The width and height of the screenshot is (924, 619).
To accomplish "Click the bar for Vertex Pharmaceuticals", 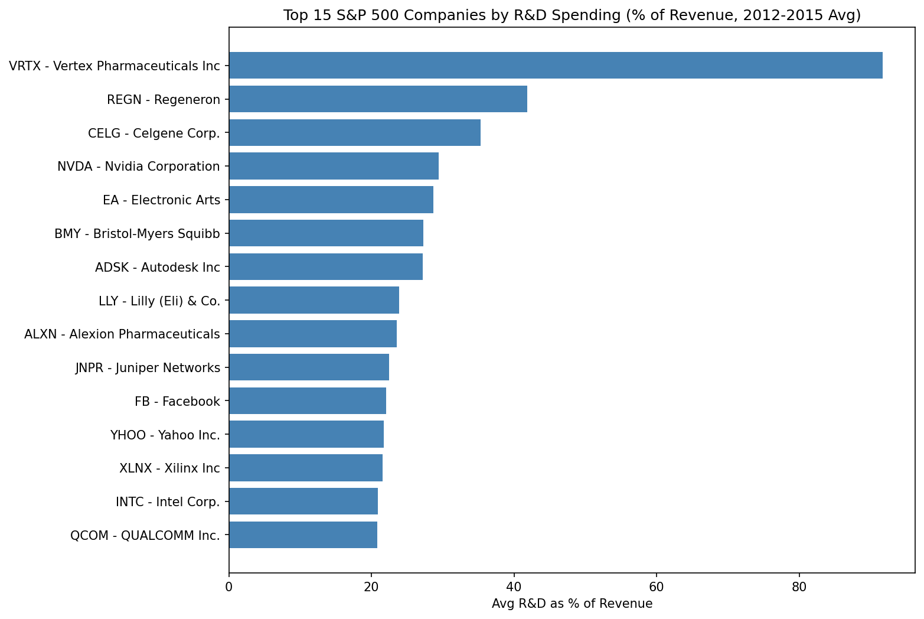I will click(x=555, y=66).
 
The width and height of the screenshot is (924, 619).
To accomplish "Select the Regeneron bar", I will click(x=378, y=99).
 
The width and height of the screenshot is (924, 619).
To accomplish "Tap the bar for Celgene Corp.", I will click(x=354, y=133).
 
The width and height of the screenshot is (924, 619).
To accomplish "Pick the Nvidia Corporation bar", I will click(x=334, y=167).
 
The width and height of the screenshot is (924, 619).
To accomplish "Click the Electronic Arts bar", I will click(x=331, y=200).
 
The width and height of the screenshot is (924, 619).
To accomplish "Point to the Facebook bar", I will click(x=307, y=401).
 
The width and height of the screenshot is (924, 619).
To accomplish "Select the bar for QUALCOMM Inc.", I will click(x=303, y=535).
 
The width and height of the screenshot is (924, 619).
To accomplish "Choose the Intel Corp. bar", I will click(x=303, y=501).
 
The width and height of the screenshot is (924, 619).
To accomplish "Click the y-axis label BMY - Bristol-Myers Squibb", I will click(x=137, y=234).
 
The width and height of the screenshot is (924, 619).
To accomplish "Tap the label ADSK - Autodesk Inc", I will click(x=157, y=268).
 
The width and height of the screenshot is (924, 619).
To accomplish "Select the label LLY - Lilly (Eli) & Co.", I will click(x=159, y=301).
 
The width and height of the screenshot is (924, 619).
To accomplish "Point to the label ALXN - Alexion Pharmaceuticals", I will click(x=122, y=334).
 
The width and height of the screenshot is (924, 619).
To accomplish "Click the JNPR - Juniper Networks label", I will click(x=148, y=368).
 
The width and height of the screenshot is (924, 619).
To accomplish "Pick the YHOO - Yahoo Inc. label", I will click(x=165, y=435).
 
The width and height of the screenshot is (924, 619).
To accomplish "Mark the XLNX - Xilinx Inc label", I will click(x=169, y=468).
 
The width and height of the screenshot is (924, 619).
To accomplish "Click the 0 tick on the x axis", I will click(x=228, y=587).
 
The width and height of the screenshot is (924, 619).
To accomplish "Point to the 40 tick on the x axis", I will click(x=514, y=587).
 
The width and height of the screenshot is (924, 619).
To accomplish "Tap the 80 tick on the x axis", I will click(x=799, y=587).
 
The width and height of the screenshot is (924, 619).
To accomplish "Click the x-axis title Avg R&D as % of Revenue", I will click(x=572, y=604).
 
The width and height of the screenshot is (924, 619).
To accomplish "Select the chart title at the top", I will click(x=572, y=15).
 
